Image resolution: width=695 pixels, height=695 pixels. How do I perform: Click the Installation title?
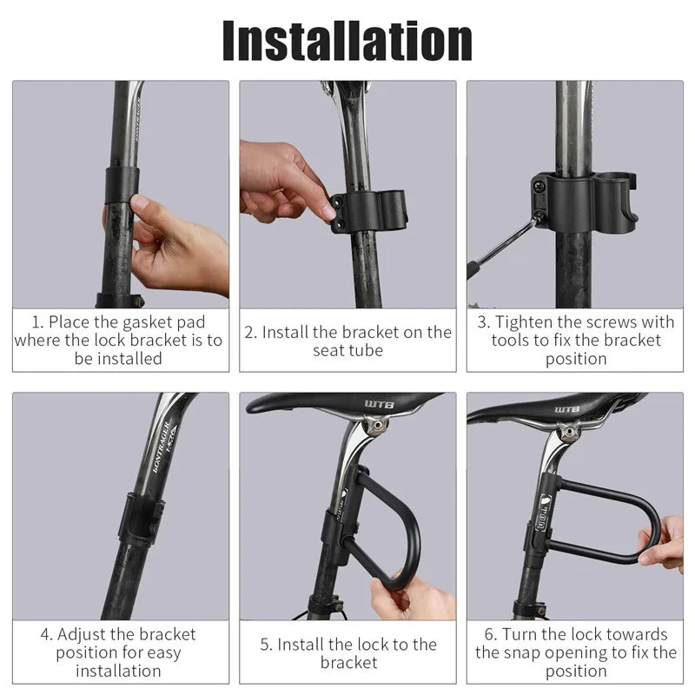click(x=347, y=39)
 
